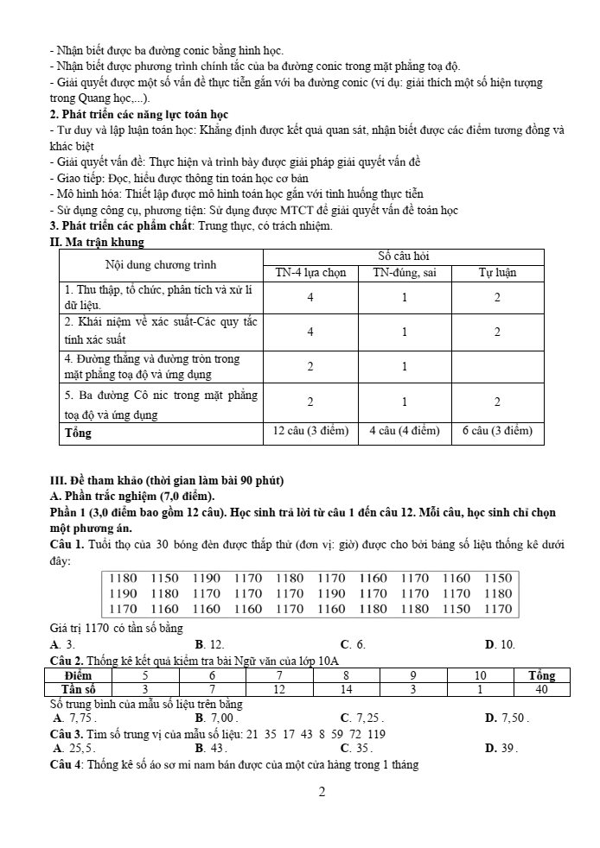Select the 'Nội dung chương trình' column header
[x=161, y=264]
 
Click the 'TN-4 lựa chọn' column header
[x=310, y=272]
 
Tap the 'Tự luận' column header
[x=498, y=272]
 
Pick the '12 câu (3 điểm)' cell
[x=310, y=431]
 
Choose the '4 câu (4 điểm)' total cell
[x=405, y=431]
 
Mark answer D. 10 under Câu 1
[x=501, y=644]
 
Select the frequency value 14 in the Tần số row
[x=346, y=689]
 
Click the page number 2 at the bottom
[x=321, y=793]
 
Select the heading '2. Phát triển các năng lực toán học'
[x=139, y=114]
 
